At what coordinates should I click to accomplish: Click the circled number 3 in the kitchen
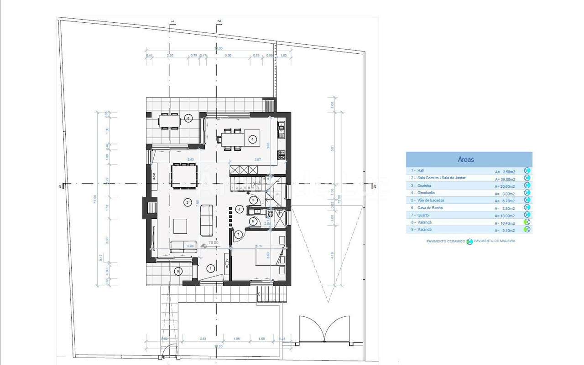251,139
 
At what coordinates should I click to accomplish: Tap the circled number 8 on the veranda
189,118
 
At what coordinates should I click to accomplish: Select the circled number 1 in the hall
210,268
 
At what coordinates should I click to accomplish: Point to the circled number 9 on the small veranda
178,271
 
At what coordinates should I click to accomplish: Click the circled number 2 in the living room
187,201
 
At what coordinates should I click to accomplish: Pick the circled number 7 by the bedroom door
238,235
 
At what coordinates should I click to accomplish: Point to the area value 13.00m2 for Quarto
505,216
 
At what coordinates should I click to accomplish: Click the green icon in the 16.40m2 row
527,222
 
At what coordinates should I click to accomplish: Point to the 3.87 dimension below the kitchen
257,159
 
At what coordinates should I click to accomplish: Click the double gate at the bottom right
324,329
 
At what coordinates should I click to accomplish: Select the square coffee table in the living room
180,226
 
